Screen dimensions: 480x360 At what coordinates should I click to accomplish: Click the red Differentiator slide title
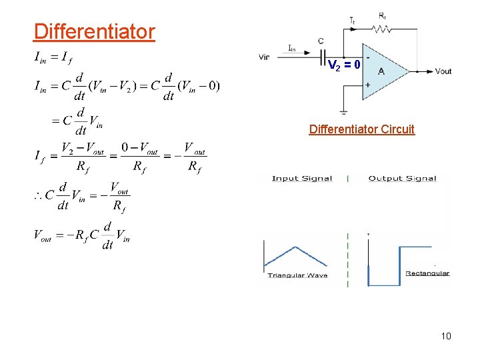[x=94, y=31]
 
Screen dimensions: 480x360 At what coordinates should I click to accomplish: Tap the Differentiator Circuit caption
[x=361, y=129]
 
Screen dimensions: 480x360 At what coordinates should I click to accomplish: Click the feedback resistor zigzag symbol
[x=383, y=29]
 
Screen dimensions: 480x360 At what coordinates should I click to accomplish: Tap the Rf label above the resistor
[x=382, y=15]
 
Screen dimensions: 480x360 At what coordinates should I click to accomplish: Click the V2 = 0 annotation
[x=344, y=65]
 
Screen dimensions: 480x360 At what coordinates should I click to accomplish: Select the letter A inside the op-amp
[x=381, y=71]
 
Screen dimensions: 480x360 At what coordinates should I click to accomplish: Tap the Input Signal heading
[x=301, y=178]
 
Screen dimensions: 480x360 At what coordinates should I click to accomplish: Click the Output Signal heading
[x=402, y=178]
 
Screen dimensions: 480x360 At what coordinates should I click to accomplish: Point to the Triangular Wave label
[x=297, y=275]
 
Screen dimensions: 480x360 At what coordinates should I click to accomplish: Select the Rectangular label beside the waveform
[x=427, y=273]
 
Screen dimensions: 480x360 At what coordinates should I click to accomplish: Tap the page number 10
[x=446, y=336]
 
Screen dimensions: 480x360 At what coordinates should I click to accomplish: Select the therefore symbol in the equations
[x=39, y=197]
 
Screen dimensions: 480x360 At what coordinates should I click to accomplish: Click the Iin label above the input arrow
[x=293, y=47]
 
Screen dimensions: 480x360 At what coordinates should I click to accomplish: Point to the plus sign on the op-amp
[x=367, y=85]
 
